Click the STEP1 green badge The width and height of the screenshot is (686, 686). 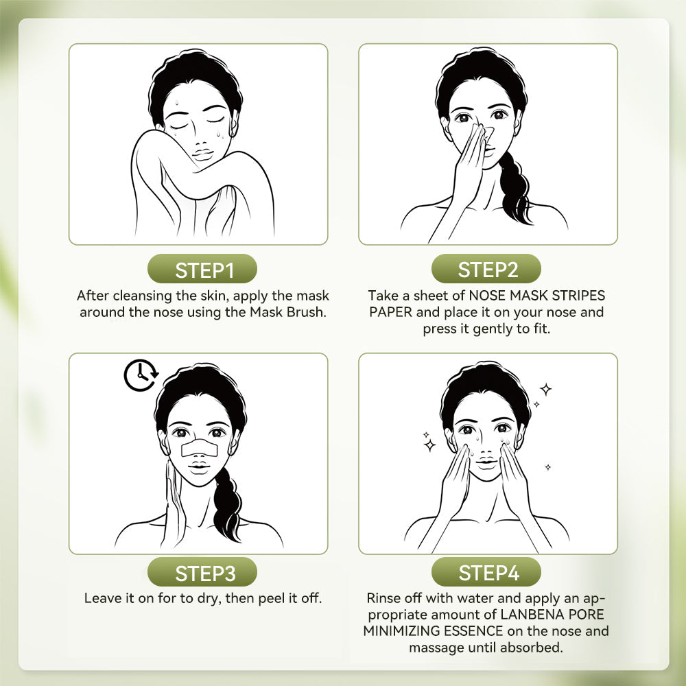[x=204, y=270]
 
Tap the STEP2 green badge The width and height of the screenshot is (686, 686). [x=488, y=270]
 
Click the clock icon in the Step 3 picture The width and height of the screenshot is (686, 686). [x=141, y=375]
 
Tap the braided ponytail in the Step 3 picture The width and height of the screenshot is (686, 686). [x=226, y=501]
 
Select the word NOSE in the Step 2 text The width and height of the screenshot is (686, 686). [x=488, y=296]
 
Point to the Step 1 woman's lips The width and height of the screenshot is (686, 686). [x=202, y=155]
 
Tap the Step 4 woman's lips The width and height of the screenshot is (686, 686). [x=486, y=464]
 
